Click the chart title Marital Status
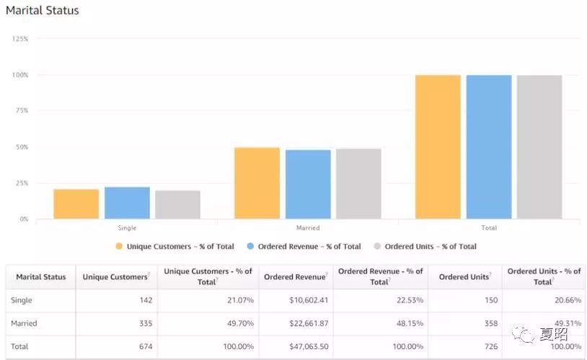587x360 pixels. [43, 11]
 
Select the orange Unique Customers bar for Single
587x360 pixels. [76, 203]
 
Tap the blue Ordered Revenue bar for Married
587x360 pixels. [308, 184]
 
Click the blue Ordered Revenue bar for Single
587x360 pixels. [127, 203]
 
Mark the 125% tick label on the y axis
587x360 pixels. [20, 38]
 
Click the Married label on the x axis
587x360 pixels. [308, 228]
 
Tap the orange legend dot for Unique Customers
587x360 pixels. [119, 246]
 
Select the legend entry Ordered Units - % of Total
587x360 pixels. [430, 246]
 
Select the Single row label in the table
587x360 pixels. [22, 300]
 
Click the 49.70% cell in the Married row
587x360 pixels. [239, 323]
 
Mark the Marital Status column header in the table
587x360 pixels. [40, 277]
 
